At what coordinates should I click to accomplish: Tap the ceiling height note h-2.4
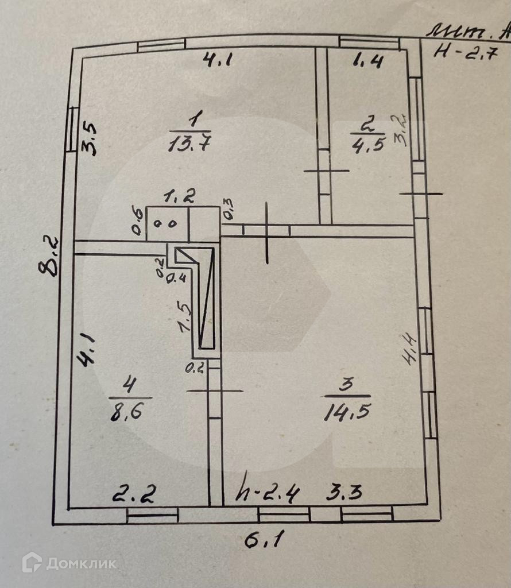click(269, 493)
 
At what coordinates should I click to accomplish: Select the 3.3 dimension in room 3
click(344, 492)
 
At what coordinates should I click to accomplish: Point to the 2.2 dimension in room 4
click(134, 493)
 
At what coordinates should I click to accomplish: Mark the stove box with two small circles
click(168, 223)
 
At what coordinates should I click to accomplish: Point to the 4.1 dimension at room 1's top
click(216, 60)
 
